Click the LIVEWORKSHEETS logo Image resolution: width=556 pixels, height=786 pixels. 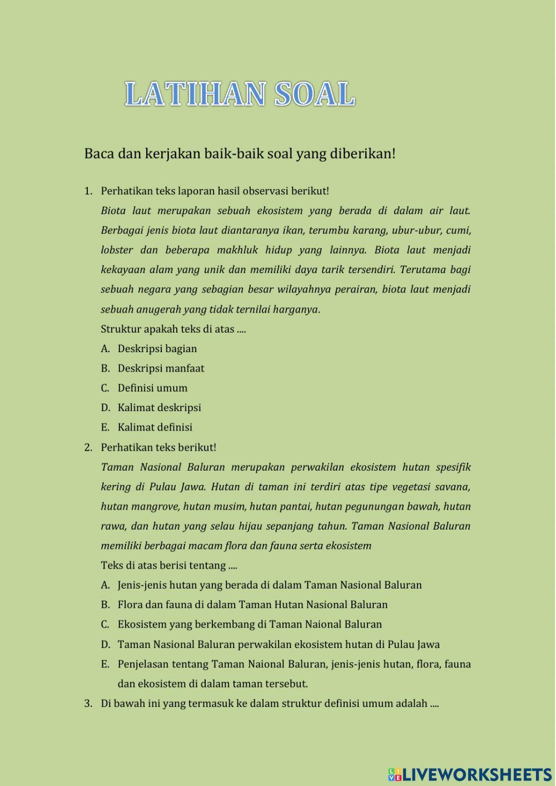pos(470,774)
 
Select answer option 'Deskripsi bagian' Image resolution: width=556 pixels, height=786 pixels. pos(157,349)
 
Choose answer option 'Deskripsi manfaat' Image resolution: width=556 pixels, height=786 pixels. pos(161,368)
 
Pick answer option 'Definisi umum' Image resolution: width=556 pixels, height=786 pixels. pos(152,388)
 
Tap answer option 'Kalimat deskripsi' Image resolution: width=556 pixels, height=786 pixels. pos(159,408)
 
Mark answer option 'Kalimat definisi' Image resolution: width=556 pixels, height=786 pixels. pos(155,427)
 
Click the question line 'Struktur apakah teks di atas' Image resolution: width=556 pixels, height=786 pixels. pos(173,329)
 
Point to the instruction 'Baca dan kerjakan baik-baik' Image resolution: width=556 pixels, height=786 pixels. pos(240,154)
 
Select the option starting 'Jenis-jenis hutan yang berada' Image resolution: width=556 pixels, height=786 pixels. pos(269,585)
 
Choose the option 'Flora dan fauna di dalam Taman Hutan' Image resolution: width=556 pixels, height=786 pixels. pos(252,605)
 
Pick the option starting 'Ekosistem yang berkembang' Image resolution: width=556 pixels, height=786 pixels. pos(250,624)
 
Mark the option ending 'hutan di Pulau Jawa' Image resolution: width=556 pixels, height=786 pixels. pos(278,644)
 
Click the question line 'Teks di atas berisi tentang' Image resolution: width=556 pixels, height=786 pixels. pos(168,565)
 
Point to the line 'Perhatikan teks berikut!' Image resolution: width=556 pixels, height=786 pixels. pos(158,447)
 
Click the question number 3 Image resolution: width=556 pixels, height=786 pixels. pos(88,704)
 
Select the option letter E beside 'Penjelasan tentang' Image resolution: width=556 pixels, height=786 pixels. pos(105,664)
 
